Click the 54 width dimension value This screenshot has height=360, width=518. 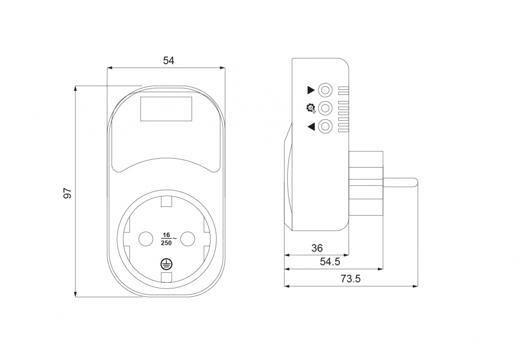[x=169, y=61]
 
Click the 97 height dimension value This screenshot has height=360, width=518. [x=67, y=193]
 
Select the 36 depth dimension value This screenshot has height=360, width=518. [x=317, y=248]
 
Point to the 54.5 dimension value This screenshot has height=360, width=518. [x=330, y=262]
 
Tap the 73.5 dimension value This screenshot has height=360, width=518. [x=351, y=279]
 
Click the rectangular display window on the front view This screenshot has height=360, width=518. [x=166, y=109]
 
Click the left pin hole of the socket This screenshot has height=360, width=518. [x=145, y=238]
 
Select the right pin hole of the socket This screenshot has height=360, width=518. [x=188, y=238]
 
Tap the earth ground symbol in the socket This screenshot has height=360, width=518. [x=166, y=264]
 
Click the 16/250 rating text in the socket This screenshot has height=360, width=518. [x=168, y=239]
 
